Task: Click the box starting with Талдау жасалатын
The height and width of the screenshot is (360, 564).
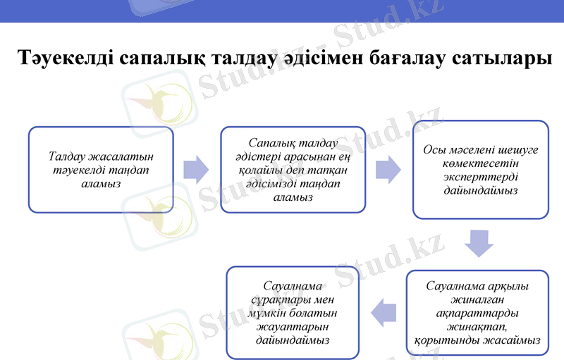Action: pos(101,170)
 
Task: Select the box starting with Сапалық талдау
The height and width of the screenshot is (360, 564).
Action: pos(293,170)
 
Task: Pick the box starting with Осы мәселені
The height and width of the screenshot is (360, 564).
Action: pos(480,170)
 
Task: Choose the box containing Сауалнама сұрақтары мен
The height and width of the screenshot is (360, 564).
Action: pos(293,313)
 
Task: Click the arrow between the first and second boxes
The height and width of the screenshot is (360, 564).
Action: pos(196,170)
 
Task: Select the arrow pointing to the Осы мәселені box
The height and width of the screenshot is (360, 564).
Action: pos(388,170)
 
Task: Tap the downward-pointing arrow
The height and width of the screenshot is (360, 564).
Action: pos(479,244)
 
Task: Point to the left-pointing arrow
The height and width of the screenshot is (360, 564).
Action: pos(384,312)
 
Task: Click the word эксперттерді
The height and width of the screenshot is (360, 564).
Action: pos(480,177)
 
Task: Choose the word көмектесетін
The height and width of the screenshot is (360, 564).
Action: pos(480,163)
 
